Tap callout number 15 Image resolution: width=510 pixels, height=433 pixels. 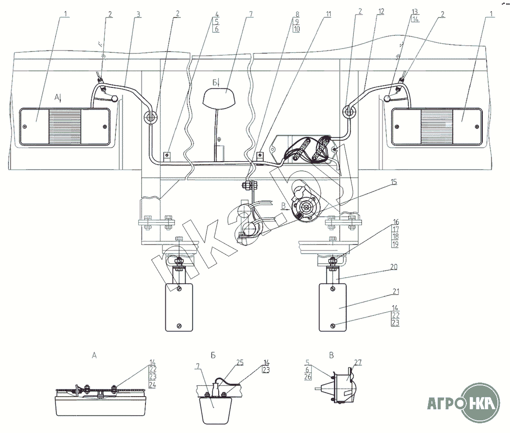pyautogui.click(x=394, y=182)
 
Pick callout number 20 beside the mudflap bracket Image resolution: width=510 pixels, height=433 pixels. pyautogui.click(x=395, y=267)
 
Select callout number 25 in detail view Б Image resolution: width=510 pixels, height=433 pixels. pyautogui.click(x=240, y=362)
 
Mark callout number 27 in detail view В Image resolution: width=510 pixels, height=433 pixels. pyautogui.click(x=358, y=362)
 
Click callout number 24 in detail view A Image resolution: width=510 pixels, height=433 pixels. pyautogui.click(x=153, y=385)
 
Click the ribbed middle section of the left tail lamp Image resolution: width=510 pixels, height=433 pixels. pyautogui.click(x=64, y=127)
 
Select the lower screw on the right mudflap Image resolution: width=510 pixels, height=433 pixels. pyautogui.click(x=333, y=325)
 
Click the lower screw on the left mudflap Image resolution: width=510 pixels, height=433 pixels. pyautogui.click(x=179, y=325)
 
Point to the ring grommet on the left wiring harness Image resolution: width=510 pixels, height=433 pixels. pyautogui.click(x=150, y=117)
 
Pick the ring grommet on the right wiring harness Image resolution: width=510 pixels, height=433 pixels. pyautogui.click(x=348, y=111)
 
